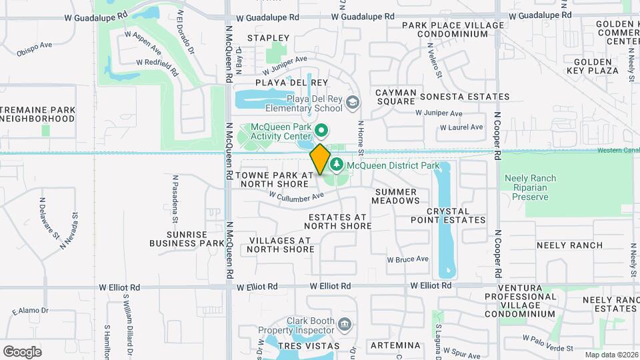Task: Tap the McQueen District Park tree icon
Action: (x=337, y=163)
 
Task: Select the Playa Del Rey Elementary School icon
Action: (x=353, y=102)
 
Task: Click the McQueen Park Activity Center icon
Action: (x=321, y=130)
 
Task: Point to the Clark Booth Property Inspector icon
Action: (x=345, y=325)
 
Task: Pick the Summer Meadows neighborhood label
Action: (x=394, y=196)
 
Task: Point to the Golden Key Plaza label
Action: (x=593, y=66)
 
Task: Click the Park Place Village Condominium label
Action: (x=453, y=29)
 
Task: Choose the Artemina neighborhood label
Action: (x=395, y=345)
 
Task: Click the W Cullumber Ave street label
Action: (x=296, y=195)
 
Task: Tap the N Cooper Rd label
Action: (x=497, y=133)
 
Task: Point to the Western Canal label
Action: (x=617, y=150)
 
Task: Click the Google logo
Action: (x=22, y=351)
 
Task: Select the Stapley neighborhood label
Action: (x=268, y=38)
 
